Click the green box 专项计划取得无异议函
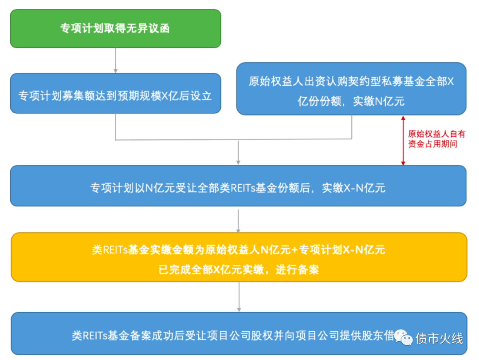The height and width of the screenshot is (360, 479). tap(115, 28)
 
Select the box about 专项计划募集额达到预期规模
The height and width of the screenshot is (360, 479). tap(115, 95)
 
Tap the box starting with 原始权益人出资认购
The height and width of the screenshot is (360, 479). tap(351, 89)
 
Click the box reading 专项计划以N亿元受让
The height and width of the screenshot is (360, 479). tap(238, 186)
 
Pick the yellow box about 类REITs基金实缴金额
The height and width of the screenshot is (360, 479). tap(239, 257)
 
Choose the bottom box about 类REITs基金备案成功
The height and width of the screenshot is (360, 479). tap(238, 334)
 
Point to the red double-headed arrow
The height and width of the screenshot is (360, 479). tap(403, 140)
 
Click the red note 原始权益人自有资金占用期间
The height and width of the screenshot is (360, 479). tap(436, 139)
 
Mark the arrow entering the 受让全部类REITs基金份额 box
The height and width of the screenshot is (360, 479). tap(239, 153)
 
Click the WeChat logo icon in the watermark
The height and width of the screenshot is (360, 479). tap(403, 337)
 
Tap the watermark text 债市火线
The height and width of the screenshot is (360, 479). tap(439, 339)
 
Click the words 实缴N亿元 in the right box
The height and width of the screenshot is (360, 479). tap(379, 101)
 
